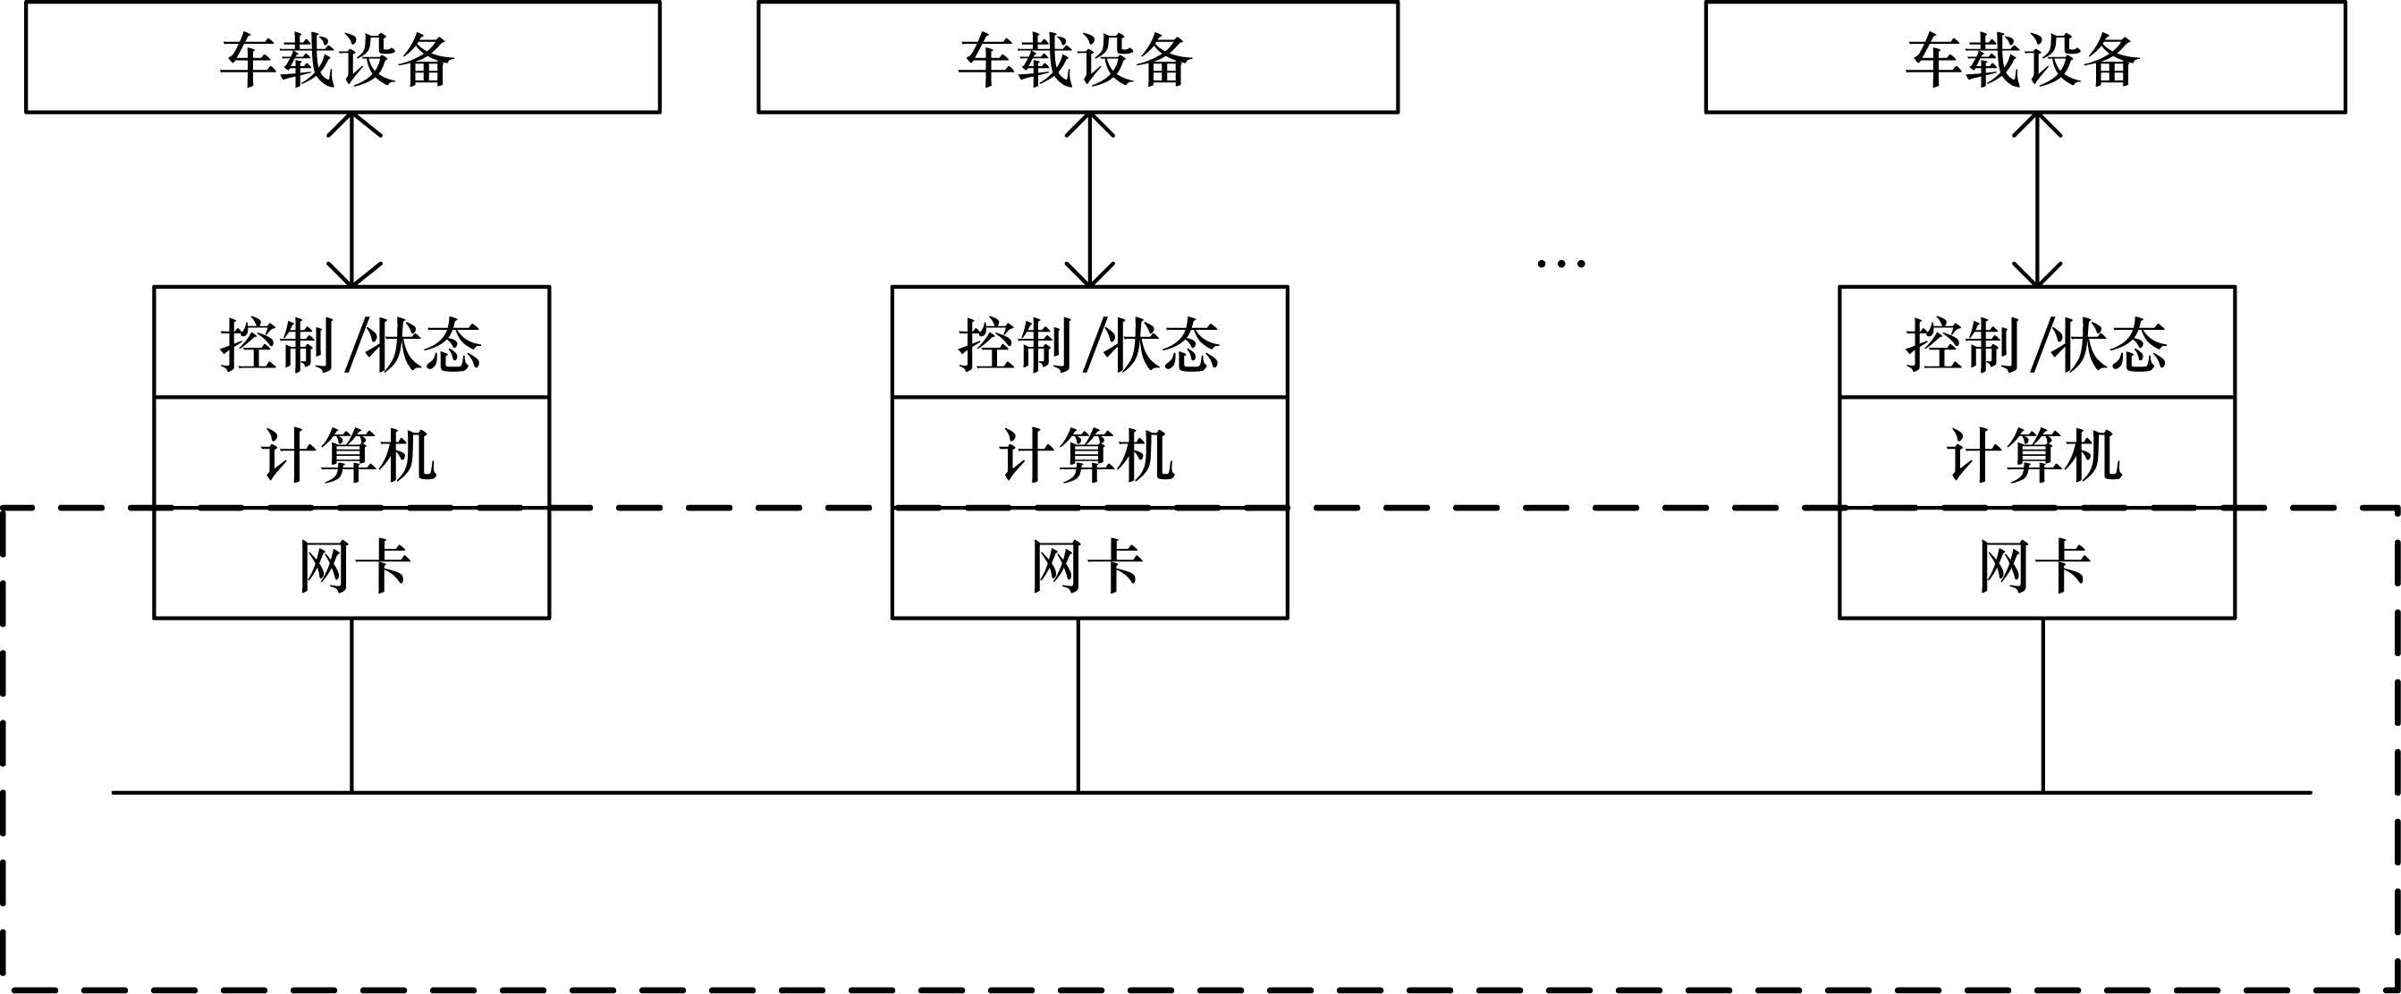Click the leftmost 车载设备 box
pyautogui.click(x=342, y=58)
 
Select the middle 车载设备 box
pyautogui.click(x=1078, y=58)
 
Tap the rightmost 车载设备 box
pyautogui.click(x=2025, y=58)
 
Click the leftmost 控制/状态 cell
pyautogui.click(x=351, y=343)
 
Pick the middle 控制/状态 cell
pyautogui.click(x=1089, y=343)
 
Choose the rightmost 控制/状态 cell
pyautogui.click(x=2036, y=343)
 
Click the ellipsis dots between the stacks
pyautogui.click(x=1560, y=264)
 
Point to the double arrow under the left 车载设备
pyautogui.click(x=352, y=199)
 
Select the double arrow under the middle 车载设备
pyautogui.click(x=1089, y=199)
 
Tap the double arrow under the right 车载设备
pyautogui.click(x=2036, y=199)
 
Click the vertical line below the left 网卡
pyautogui.click(x=351, y=704)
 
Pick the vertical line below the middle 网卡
pyautogui.click(x=1078, y=704)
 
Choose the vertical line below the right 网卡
pyautogui.click(x=2043, y=704)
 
